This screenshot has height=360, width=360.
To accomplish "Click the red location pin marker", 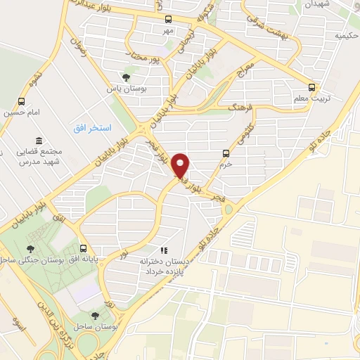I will [x=182, y=165].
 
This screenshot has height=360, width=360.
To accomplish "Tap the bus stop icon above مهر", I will [x=168, y=20].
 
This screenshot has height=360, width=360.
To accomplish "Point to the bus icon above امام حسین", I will [x=21, y=100].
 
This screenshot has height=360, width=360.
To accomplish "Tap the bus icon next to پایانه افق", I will [x=84, y=248].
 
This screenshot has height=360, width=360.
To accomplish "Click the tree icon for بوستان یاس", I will [x=126, y=77].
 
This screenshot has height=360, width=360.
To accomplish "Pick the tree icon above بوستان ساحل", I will [x=96, y=316].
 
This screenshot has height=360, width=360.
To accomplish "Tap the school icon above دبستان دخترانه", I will [x=164, y=249].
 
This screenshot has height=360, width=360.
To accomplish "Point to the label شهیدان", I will [x=310, y=4].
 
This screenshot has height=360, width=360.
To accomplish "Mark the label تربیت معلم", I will [x=307, y=100].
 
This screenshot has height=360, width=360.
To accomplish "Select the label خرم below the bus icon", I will [x=225, y=165].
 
